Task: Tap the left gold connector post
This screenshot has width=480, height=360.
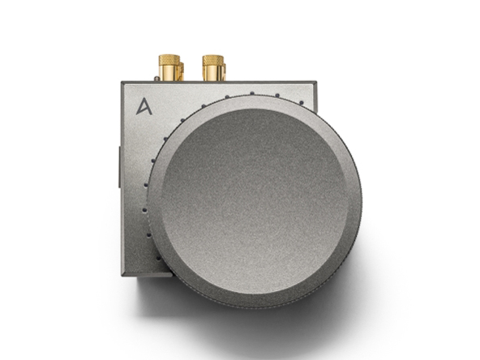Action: pyautogui.click(x=169, y=68)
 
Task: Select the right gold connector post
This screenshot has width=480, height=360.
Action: pyautogui.click(x=212, y=68)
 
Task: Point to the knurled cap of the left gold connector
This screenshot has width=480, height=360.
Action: pyautogui.click(x=169, y=60)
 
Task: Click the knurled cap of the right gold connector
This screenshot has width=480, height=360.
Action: pyautogui.click(x=212, y=60)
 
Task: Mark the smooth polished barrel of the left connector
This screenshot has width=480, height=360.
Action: pyautogui.click(x=169, y=74)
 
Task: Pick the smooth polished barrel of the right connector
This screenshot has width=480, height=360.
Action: pyautogui.click(x=212, y=74)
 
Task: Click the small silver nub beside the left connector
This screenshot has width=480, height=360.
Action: pyautogui.click(x=156, y=79)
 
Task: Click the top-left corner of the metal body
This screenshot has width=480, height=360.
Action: pyautogui.click(x=122, y=84)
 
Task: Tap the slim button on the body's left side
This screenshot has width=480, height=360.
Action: pyautogui.click(x=119, y=163)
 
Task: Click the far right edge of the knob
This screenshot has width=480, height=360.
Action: pyautogui.click(x=362, y=203)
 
